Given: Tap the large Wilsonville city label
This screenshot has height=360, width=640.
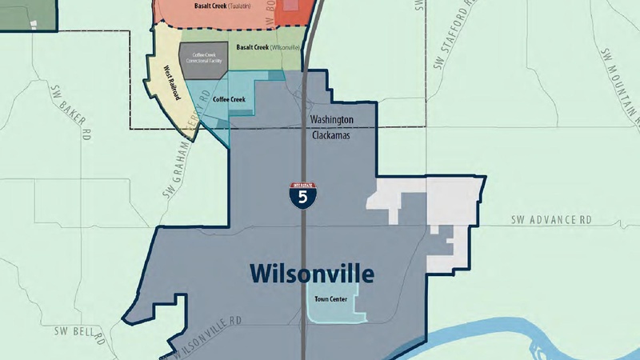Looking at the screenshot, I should (x=311, y=274).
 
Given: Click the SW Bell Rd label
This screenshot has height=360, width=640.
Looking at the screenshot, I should (x=80, y=334).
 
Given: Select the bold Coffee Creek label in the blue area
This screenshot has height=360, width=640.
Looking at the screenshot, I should (x=229, y=99).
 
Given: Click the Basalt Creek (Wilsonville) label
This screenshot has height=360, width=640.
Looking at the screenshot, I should (x=268, y=48).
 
